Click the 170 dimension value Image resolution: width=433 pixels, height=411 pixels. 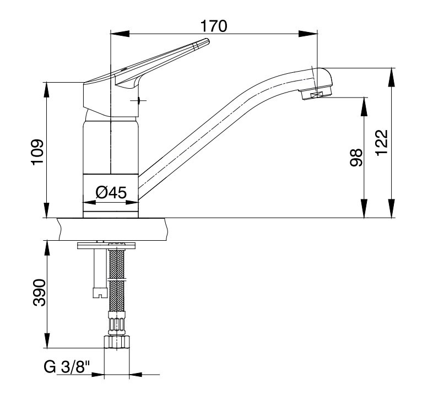coord(214,26)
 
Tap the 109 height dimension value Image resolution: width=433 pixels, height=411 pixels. coord(37,152)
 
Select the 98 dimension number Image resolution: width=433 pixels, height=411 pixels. coord(356,158)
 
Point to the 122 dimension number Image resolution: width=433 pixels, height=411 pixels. coord(382,143)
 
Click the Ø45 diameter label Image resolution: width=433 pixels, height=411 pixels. coord(111,192)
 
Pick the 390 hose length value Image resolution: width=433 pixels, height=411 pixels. coord(39,293)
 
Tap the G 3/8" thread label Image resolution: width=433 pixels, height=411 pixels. coord(67,367)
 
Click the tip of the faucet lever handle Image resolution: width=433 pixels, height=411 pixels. coord(208,41)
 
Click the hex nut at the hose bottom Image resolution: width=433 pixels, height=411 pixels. coord(117,342)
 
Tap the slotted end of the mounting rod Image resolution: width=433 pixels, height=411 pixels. coord(99,293)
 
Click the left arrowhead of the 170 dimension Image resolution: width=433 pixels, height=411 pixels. coord(120,34)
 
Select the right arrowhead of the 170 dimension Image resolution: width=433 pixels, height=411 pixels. coord(308,34)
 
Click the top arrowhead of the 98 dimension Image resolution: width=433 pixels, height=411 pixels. coord(365,107)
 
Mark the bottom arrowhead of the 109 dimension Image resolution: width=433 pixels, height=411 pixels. coord(46,210)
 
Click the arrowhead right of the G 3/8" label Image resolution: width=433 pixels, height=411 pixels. coord(136,375)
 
